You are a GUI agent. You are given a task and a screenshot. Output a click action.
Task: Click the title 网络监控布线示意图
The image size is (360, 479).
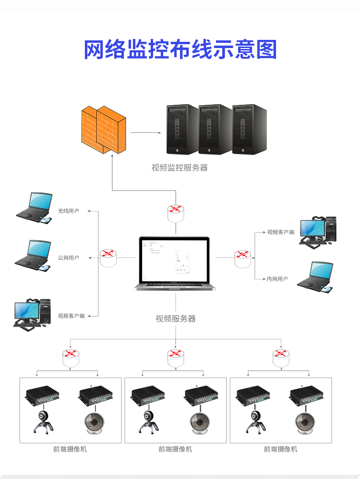(x=180, y=50)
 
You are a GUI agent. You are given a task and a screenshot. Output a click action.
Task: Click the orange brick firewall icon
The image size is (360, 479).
(x=104, y=129)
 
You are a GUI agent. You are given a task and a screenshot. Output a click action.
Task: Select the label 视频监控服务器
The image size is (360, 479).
(x=180, y=168)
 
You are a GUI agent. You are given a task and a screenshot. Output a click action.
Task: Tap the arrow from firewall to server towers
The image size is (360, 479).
(x=145, y=132)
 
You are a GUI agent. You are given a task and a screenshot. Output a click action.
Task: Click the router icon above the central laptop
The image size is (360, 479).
(x=176, y=212)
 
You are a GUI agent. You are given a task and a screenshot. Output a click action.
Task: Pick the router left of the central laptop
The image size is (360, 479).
(x=108, y=258)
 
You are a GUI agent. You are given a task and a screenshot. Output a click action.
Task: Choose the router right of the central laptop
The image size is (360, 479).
(x=242, y=258)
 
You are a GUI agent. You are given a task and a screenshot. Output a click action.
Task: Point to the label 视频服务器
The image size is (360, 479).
(x=176, y=319)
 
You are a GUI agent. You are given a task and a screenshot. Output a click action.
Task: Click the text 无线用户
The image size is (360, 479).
(x=68, y=211)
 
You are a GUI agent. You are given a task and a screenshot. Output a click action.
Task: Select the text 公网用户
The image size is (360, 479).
(x=68, y=258)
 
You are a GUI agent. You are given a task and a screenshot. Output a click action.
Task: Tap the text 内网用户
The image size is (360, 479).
(x=277, y=279)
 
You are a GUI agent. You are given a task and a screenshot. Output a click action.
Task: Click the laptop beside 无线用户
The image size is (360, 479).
(x=34, y=208)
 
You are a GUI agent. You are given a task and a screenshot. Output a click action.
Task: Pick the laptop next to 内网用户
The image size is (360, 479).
(x=315, y=277)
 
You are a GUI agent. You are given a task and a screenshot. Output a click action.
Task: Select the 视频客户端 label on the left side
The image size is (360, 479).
(x=71, y=316)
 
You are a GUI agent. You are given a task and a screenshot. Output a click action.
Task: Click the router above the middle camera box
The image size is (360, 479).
(x=176, y=356)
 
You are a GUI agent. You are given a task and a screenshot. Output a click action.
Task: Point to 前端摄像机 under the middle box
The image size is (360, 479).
(x=175, y=449)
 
